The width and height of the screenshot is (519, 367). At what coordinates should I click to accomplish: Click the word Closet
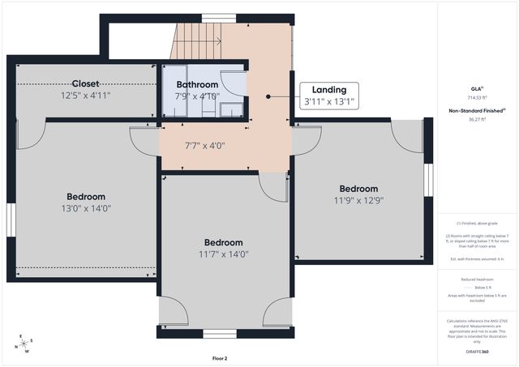pyautogui.click(x=86, y=84)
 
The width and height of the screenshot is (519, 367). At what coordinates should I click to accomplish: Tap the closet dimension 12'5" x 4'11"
pyautogui.click(x=86, y=96)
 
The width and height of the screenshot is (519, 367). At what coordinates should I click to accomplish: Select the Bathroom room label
pyautogui.click(x=197, y=85)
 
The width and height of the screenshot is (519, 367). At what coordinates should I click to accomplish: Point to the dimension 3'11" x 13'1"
pyautogui.click(x=328, y=102)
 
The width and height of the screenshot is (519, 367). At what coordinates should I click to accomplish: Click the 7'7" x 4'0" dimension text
pyautogui.click(x=204, y=146)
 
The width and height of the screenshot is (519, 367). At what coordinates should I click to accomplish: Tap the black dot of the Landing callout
pyautogui.click(x=268, y=96)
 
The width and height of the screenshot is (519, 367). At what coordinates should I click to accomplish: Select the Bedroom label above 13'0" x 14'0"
pyautogui.click(x=86, y=197)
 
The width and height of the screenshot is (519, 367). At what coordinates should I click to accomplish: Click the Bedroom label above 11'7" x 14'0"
pyautogui.click(x=223, y=243)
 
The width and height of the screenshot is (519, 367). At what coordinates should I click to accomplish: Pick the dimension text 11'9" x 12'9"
pyautogui.click(x=358, y=200)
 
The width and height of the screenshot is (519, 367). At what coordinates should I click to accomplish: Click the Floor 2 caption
pyautogui.click(x=220, y=357)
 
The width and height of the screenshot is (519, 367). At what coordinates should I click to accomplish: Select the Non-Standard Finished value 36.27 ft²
pyautogui.click(x=478, y=120)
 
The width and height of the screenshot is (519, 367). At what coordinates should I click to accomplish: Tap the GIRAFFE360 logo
pyautogui.click(x=478, y=352)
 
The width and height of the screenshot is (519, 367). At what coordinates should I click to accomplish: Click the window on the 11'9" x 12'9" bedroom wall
pyautogui.click(x=428, y=180)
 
